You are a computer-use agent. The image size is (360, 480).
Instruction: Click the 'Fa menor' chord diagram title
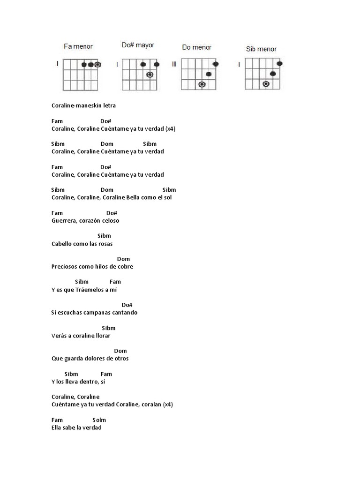(x=78, y=46)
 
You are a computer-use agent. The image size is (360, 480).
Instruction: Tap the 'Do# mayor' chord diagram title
(x=138, y=45)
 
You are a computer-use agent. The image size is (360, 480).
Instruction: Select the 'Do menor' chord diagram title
(x=196, y=47)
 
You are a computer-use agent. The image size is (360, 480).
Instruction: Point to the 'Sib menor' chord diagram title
(x=261, y=49)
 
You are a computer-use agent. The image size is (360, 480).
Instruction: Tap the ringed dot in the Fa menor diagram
(x=97, y=65)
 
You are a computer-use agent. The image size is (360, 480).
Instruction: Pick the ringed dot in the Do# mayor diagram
(x=150, y=75)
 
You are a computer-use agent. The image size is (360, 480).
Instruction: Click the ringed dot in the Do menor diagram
(x=202, y=84)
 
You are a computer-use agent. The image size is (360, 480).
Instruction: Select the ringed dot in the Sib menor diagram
(x=266, y=84)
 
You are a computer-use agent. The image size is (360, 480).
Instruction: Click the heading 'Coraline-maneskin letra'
(x=83, y=105)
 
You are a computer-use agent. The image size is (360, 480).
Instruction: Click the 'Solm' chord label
(x=99, y=420)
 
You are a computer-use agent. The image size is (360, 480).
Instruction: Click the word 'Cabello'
(x=61, y=243)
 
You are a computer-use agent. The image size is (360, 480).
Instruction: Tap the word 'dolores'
(x=93, y=358)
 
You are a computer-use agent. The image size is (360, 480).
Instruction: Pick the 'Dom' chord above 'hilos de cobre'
(x=123, y=259)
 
